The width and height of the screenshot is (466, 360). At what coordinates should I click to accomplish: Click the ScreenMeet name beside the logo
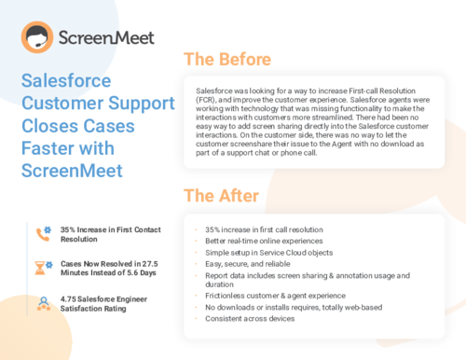[103, 39]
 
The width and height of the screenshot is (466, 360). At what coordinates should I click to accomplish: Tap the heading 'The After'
[220, 196]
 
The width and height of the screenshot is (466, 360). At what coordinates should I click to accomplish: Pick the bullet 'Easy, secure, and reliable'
[245, 264]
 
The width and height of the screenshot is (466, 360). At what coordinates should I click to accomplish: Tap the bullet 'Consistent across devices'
[249, 319]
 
